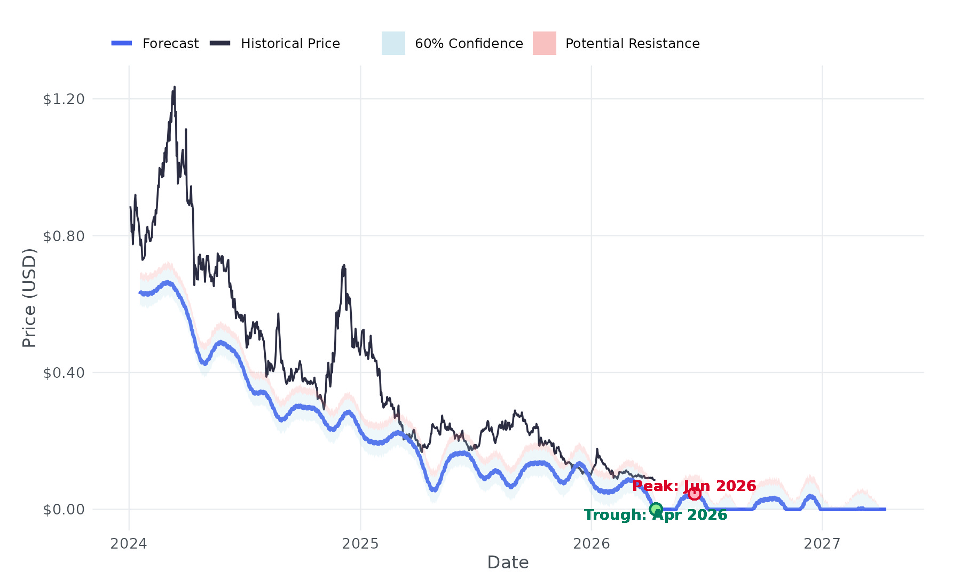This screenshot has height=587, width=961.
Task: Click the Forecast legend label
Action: [x=170, y=44]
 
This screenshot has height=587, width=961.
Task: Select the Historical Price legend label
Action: [x=290, y=44]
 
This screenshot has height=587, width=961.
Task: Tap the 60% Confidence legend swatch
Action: [x=393, y=43]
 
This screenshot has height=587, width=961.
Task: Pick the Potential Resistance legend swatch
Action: [x=544, y=43]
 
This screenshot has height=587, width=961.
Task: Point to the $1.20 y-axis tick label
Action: [x=64, y=99]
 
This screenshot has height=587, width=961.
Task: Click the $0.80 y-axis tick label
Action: [x=64, y=236]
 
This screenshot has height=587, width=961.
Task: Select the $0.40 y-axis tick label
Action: [x=64, y=372]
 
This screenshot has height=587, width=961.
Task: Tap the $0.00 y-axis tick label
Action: [x=64, y=510]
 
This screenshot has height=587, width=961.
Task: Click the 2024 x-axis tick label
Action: [x=129, y=544]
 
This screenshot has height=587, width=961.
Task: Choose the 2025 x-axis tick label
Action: [x=360, y=544]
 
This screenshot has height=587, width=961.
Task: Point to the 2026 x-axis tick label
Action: [x=591, y=544]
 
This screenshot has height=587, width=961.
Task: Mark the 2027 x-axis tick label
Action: [x=822, y=544]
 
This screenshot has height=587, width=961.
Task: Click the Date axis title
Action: [x=508, y=562]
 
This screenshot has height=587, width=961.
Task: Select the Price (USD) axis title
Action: [x=29, y=298]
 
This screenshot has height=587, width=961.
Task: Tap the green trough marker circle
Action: [x=656, y=509]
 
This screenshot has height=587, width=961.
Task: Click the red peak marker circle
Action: [x=694, y=494]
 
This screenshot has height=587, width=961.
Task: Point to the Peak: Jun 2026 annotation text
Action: [x=694, y=486]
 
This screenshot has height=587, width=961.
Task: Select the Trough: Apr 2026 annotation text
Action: [x=656, y=515]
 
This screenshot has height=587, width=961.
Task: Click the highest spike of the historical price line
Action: [x=174, y=88]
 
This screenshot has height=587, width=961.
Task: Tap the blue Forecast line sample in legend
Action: [x=122, y=43]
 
